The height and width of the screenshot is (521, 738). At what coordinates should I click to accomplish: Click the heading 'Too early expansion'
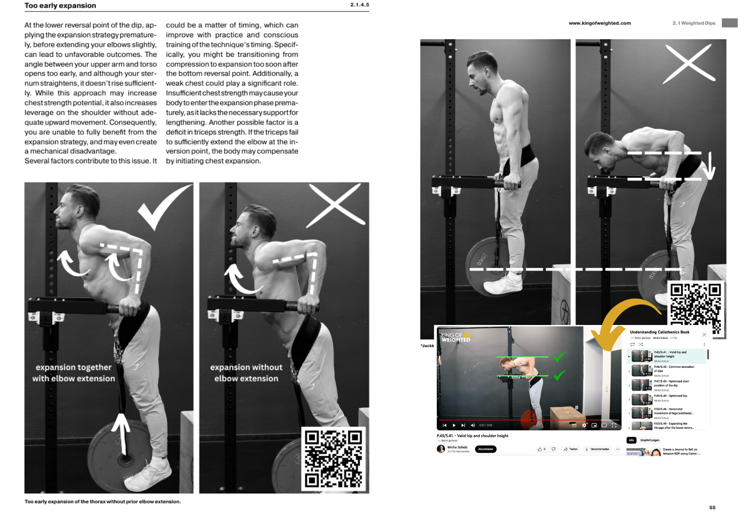tap(60, 6)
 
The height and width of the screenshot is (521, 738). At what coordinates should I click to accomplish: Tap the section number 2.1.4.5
tap(359, 5)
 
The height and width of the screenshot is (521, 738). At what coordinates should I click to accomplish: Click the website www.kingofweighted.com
tap(600, 23)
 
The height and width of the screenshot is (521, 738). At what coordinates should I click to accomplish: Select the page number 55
tap(712, 507)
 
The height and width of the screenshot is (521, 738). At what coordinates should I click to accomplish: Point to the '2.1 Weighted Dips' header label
tap(694, 23)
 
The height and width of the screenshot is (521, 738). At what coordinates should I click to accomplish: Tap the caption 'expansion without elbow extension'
tap(246, 373)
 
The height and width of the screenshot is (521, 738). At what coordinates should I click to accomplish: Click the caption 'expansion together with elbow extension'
tap(73, 373)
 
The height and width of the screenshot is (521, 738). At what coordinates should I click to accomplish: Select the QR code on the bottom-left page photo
tap(333, 459)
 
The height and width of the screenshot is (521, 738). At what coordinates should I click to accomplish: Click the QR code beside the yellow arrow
tap(696, 308)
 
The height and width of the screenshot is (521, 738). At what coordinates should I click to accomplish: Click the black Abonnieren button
tap(486, 449)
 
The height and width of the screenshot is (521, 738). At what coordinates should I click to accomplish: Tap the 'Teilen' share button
tap(570, 449)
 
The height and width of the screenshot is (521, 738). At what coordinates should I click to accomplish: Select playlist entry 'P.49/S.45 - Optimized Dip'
tap(670, 396)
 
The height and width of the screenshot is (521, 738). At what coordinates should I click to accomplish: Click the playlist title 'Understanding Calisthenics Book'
tap(659, 332)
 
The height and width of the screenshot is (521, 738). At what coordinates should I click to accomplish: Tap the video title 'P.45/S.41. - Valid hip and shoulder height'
tap(472, 436)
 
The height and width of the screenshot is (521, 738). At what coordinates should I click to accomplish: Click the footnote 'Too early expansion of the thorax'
tap(103, 501)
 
